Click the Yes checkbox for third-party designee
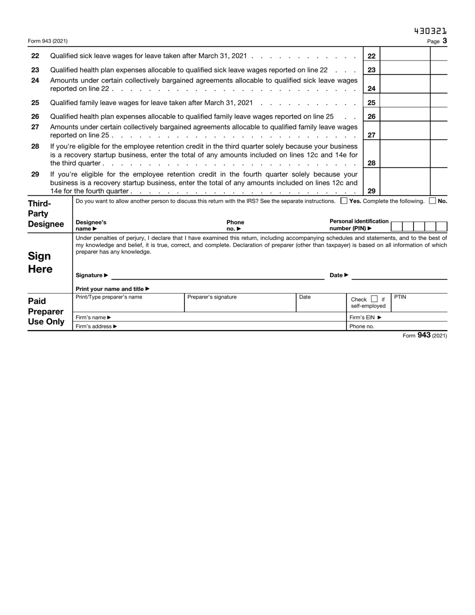tap(343, 201)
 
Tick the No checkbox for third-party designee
tap(432, 201)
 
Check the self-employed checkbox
tap(374, 299)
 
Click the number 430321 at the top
tap(430, 31)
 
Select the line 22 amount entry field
tap(405, 56)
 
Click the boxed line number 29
tap(371, 190)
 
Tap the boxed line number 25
tap(371, 102)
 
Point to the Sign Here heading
tap(39, 262)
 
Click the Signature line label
tap(91, 275)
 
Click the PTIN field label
tap(400, 297)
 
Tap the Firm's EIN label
tap(365, 317)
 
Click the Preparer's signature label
tap(211, 297)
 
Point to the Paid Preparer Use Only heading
tap(45, 311)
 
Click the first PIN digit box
tap(396, 226)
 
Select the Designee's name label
tap(90, 225)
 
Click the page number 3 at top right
tap(444, 41)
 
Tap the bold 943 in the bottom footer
tap(423, 335)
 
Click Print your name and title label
tap(112, 289)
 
